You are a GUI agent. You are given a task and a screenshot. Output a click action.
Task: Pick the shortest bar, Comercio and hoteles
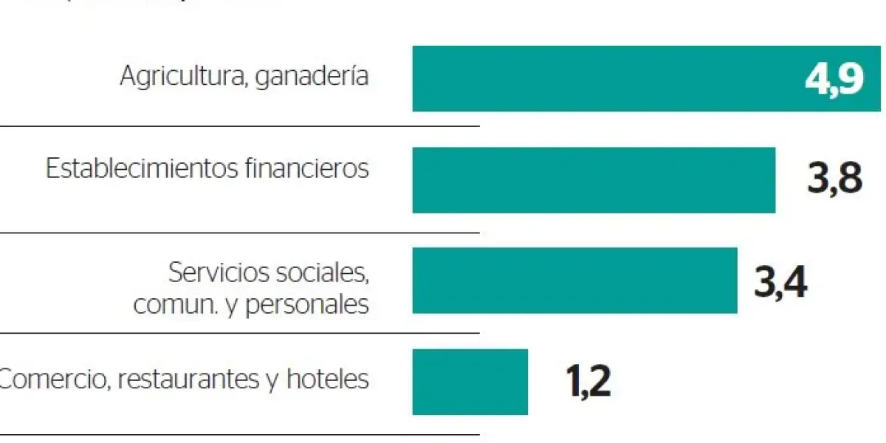tap(470, 382)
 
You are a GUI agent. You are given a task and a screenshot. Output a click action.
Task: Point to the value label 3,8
tap(834, 179)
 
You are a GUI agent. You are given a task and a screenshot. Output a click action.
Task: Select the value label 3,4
tap(780, 281)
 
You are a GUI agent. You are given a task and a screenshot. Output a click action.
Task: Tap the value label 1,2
tap(588, 382)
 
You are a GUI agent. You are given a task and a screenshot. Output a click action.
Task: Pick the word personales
tap(306, 305)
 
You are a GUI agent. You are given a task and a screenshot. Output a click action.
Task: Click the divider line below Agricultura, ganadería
tap(240, 126)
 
